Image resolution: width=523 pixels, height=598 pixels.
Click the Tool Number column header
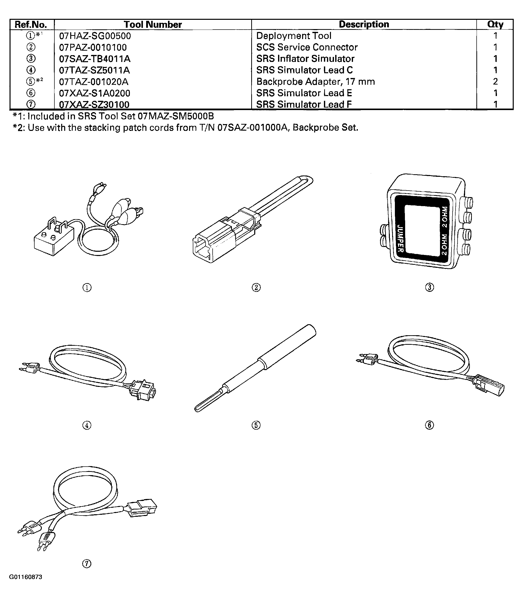tap(153, 25)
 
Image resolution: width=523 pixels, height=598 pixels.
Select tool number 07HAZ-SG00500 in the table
tap(95, 36)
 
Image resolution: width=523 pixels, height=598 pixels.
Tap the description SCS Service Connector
tap(307, 47)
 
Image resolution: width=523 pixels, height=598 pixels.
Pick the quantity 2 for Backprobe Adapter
tap(495, 81)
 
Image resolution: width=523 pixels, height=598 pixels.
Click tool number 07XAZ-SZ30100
tap(94, 104)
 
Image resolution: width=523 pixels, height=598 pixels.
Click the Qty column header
tap(495, 25)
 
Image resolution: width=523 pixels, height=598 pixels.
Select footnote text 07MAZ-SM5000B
tap(176, 116)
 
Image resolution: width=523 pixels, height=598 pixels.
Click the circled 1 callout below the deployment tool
tap(87, 288)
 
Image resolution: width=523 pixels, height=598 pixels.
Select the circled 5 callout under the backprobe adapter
tap(256, 425)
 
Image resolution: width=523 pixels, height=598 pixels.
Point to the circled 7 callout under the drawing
tap(87, 564)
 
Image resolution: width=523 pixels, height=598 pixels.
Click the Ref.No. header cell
tap(31, 25)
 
